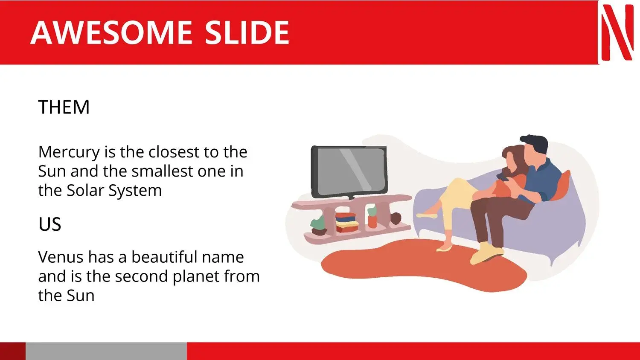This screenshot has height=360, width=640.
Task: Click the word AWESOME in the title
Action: click(111, 32)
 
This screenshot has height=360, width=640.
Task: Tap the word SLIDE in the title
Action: click(247, 32)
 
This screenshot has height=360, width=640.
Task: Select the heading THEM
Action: click(64, 107)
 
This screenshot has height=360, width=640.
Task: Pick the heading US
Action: click(50, 224)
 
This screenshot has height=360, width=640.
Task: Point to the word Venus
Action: click(61, 257)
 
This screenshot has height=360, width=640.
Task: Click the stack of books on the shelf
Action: click(346, 222)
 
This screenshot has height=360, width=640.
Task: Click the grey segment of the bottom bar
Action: click(106, 351)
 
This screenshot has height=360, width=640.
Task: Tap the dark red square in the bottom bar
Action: click(13, 351)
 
